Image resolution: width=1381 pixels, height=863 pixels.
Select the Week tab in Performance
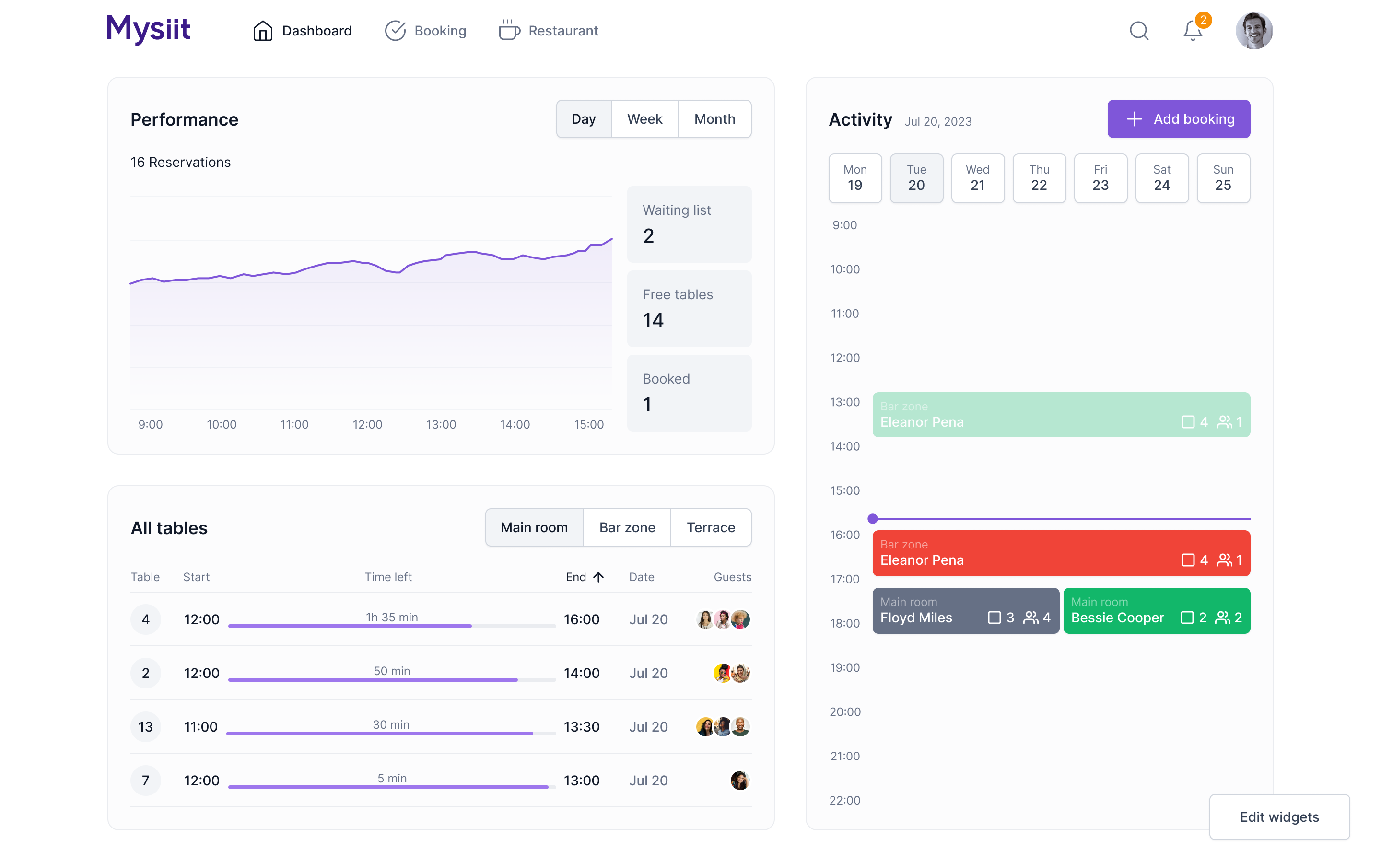click(x=644, y=119)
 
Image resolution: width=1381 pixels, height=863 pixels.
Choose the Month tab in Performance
click(x=714, y=119)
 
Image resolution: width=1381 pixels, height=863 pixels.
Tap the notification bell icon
click(x=1192, y=31)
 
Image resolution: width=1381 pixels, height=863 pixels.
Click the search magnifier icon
click(x=1138, y=31)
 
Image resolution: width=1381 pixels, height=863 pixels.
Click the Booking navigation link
click(x=425, y=31)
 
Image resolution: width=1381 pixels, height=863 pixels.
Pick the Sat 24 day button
click(x=1161, y=178)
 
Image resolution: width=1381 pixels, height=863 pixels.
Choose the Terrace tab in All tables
click(x=711, y=527)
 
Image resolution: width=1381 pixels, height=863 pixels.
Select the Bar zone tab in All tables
click(x=627, y=527)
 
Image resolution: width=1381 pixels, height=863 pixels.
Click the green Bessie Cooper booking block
click(x=1156, y=611)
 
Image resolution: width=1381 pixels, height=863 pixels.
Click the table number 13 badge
click(x=145, y=726)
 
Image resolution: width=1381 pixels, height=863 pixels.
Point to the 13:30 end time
click(x=581, y=726)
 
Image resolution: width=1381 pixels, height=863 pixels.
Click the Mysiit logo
click(x=148, y=30)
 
